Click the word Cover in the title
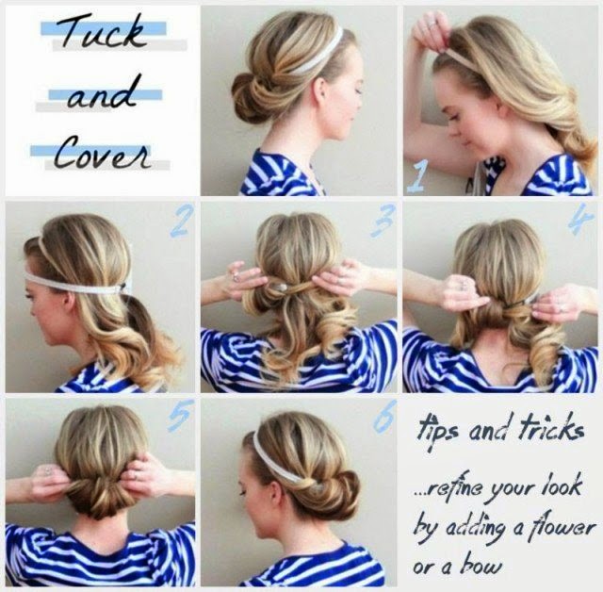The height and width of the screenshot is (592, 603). point(102,153)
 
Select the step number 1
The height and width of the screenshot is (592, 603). point(417,176)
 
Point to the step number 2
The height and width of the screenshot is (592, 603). point(180,222)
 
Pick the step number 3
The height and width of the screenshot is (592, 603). point(383,221)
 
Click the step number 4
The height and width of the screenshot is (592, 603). point(581,220)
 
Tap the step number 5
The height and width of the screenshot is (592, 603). point(179,416)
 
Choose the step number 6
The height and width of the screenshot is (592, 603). point(384,416)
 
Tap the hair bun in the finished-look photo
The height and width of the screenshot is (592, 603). point(252,98)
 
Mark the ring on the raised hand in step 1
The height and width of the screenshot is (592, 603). point(432,23)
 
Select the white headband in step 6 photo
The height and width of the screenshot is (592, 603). point(276,458)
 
